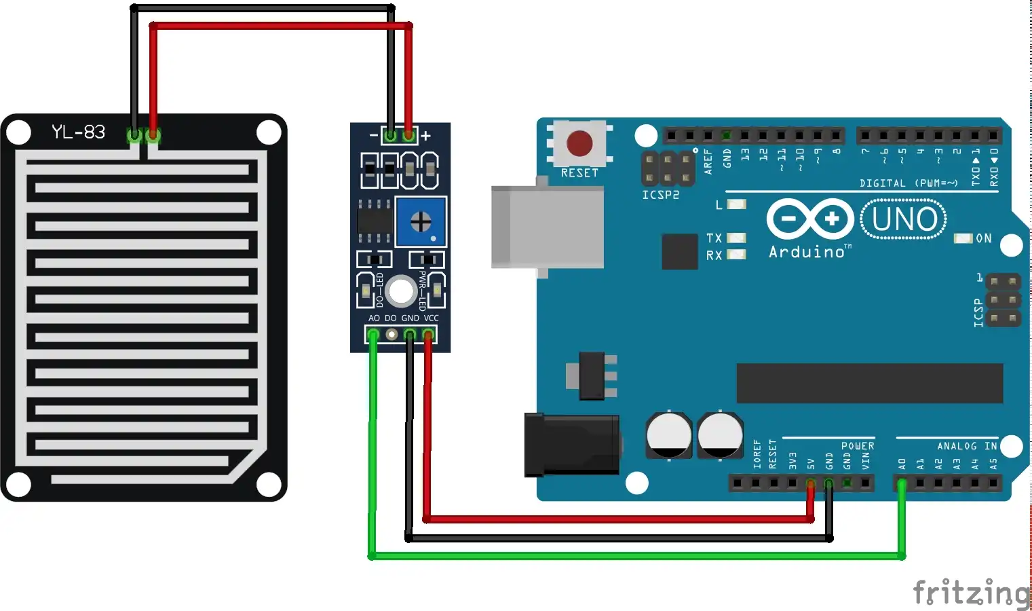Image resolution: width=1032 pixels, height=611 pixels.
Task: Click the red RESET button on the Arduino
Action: [x=579, y=143]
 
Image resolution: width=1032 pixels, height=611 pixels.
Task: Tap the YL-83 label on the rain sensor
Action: [x=79, y=132]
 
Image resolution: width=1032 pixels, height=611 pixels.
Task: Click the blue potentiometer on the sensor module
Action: [x=421, y=221]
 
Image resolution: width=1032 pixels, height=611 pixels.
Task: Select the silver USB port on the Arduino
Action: [x=547, y=227]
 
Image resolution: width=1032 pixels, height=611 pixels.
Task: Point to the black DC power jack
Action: [x=571, y=444]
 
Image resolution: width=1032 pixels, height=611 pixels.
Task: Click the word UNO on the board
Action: [x=904, y=219]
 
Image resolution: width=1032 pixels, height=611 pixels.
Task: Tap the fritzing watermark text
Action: [x=972, y=592]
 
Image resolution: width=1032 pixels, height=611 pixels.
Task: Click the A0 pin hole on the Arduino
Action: [x=902, y=483]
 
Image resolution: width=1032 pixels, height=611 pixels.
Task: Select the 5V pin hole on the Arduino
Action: [x=811, y=483]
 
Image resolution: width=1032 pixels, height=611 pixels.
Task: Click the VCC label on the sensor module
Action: [x=432, y=318]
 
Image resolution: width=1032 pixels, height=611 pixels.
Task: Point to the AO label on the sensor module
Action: [x=374, y=318]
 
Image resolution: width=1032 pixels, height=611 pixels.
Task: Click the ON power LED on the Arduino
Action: [x=963, y=238]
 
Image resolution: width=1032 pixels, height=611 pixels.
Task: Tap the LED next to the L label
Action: [x=736, y=204]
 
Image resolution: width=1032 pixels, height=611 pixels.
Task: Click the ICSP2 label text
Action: [x=660, y=195]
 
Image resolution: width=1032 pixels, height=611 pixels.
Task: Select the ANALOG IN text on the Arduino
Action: [x=967, y=446]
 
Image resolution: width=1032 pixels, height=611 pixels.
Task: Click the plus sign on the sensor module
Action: [x=425, y=136]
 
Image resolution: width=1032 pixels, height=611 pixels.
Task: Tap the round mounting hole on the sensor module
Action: [x=401, y=291]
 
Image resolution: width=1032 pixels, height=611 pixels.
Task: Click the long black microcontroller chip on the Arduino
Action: [x=869, y=383]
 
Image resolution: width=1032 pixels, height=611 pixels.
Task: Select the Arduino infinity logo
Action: [x=809, y=219]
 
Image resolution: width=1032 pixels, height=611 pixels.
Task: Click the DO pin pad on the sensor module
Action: [x=391, y=334]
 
